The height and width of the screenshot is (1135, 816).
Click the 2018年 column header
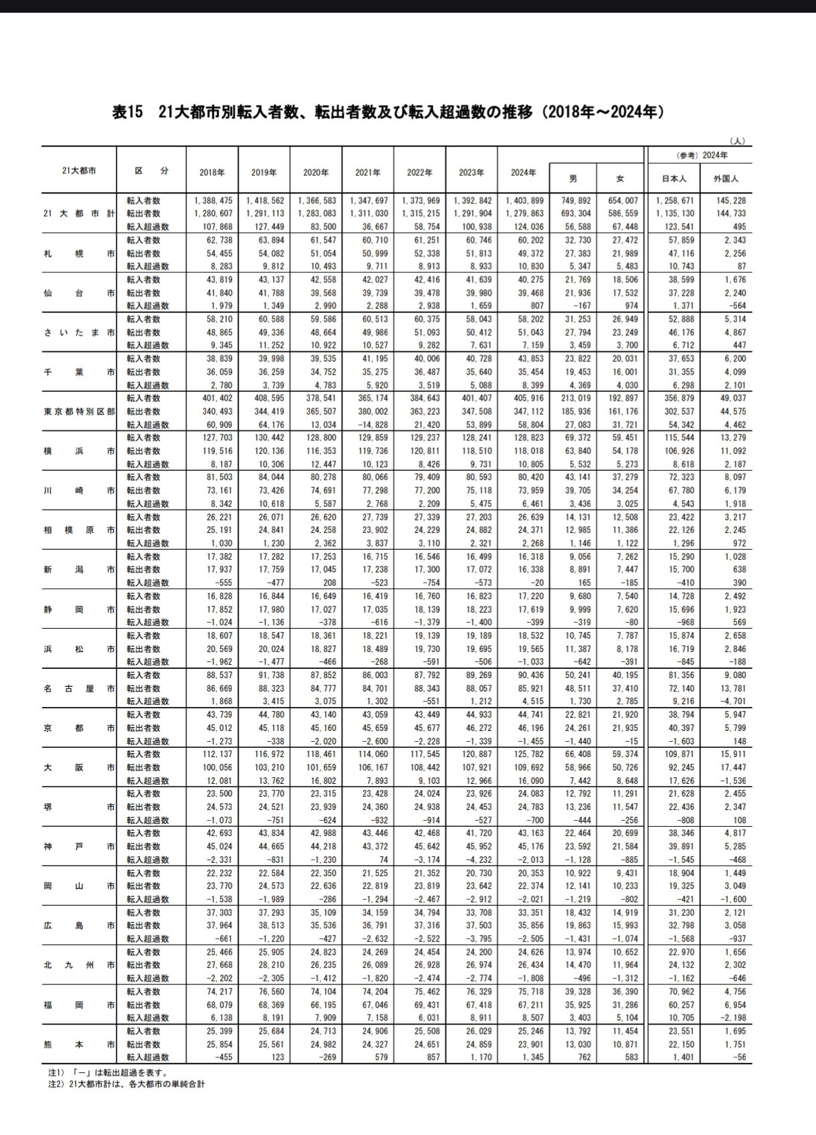click(x=212, y=172)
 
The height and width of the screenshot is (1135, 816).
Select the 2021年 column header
click(x=368, y=172)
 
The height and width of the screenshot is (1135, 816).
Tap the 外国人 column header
click(x=726, y=179)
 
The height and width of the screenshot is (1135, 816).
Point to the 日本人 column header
click(x=674, y=179)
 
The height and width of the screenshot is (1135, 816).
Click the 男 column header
click(x=573, y=179)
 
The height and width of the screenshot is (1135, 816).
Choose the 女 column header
click(x=620, y=179)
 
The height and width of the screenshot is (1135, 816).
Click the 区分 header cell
click(x=152, y=171)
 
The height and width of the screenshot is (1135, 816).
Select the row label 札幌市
click(x=78, y=253)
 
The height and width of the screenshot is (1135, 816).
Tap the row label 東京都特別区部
click(x=78, y=411)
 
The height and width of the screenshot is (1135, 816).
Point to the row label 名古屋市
click(x=78, y=688)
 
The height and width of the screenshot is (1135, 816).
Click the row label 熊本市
click(x=78, y=1044)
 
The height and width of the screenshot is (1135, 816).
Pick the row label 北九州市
click(x=78, y=965)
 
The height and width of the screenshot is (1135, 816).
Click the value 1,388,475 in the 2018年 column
click(x=213, y=201)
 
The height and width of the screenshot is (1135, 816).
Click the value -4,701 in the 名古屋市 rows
click(x=730, y=702)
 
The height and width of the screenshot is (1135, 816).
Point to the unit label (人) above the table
click(x=737, y=141)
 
